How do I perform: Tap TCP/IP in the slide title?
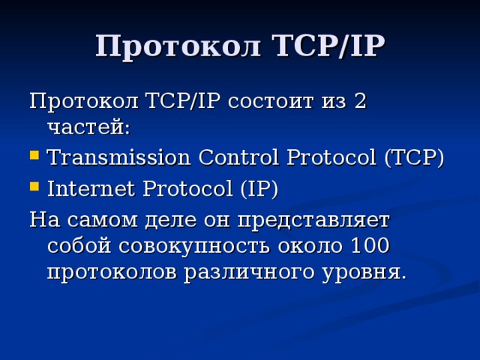point(325,46)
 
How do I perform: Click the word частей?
point(88,127)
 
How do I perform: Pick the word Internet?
point(88,189)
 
